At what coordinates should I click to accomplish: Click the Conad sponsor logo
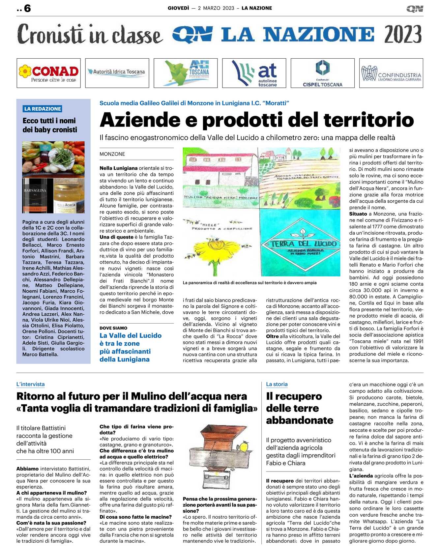(48, 73)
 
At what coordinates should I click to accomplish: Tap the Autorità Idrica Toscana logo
(117, 72)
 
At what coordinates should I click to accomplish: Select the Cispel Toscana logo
(322, 73)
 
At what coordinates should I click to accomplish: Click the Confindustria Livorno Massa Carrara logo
(391, 73)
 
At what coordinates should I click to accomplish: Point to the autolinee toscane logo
(254, 73)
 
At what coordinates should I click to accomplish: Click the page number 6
(27, 8)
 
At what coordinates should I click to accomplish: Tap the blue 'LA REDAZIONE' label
(43, 109)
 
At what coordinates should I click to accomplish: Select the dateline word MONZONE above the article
(112, 154)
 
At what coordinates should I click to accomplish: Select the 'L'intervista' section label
(30, 384)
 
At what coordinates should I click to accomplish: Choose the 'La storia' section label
(277, 384)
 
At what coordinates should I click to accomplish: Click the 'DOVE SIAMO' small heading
(113, 328)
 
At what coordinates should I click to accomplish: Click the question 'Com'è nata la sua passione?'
(51, 523)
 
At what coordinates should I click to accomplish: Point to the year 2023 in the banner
(403, 34)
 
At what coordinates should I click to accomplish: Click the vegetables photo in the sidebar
(53, 159)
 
